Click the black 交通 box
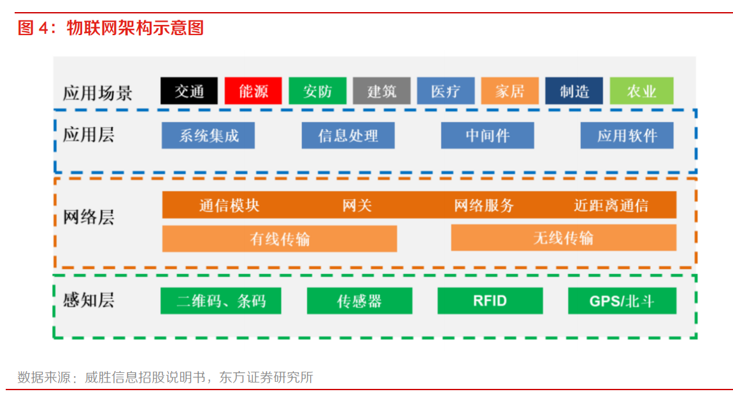click(x=189, y=91)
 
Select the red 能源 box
click(x=253, y=91)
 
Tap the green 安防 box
click(x=317, y=91)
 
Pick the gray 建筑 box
click(x=381, y=91)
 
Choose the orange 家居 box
click(x=509, y=91)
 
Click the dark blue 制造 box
click(x=574, y=91)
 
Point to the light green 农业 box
click(x=641, y=91)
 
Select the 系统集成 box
click(x=208, y=136)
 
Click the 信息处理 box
click(x=348, y=136)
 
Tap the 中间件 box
click(x=487, y=136)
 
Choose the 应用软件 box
click(x=627, y=136)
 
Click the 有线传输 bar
click(x=280, y=238)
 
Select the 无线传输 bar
click(x=564, y=238)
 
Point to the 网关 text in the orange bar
click(x=357, y=205)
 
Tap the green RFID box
click(x=490, y=301)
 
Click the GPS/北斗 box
click(x=622, y=301)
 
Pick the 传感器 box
click(x=359, y=301)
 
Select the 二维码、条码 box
click(x=220, y=301)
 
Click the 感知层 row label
click(x=89, y=300)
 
